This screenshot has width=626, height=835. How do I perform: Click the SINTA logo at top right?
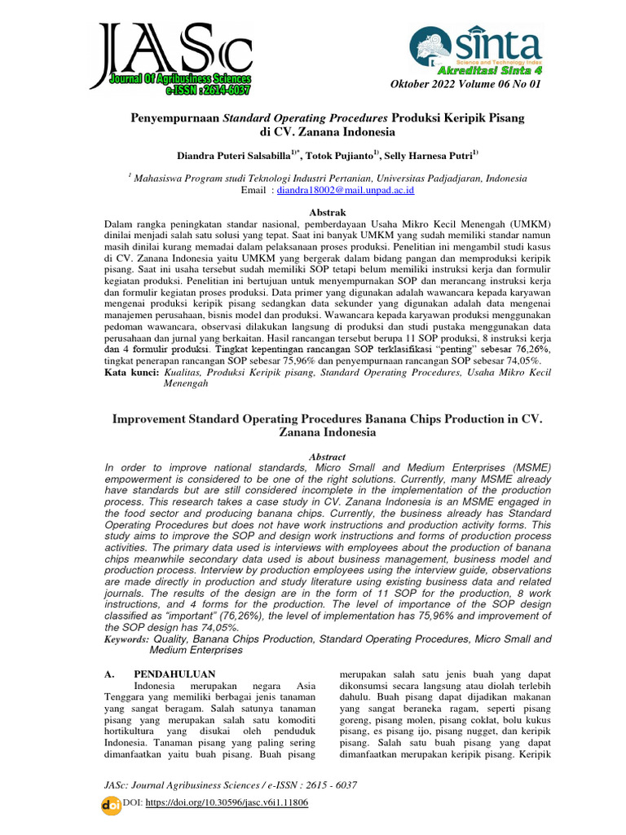(x=475, y=44)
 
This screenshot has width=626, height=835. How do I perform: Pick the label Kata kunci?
(x=132, y=371)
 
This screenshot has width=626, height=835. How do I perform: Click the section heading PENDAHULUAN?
(x=174, y=674)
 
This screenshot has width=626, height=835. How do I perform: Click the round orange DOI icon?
(x=109, y=803)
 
